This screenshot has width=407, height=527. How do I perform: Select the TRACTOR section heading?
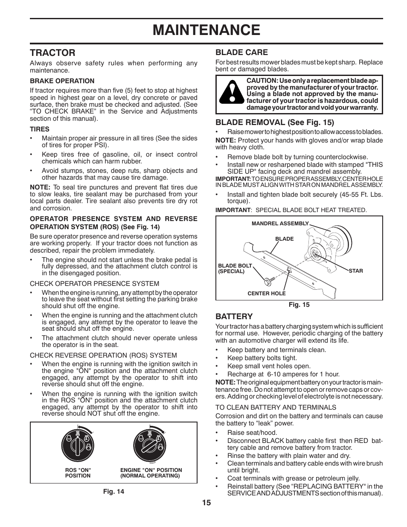coord(52,52)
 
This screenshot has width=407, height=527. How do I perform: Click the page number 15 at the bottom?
coord(206,502)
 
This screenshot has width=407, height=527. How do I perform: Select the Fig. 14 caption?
coord(113,491)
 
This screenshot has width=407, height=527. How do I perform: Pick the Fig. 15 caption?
coord(299,305)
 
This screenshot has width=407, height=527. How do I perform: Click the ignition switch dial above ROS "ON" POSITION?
coord(78,445)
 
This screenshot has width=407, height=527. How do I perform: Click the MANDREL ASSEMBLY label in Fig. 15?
coord(280,223)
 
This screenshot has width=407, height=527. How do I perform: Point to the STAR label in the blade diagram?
coord(356,271)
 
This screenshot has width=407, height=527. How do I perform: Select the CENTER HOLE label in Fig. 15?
coord(267,294)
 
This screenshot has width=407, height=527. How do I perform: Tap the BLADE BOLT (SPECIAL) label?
coord(235,268)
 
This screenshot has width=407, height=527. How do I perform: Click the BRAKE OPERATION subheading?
coord(62,81)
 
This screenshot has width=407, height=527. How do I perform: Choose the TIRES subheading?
coord(40,129)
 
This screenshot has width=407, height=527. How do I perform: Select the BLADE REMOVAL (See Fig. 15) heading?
coord(275,122)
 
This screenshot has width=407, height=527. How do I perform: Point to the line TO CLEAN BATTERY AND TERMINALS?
coord(276,407)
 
